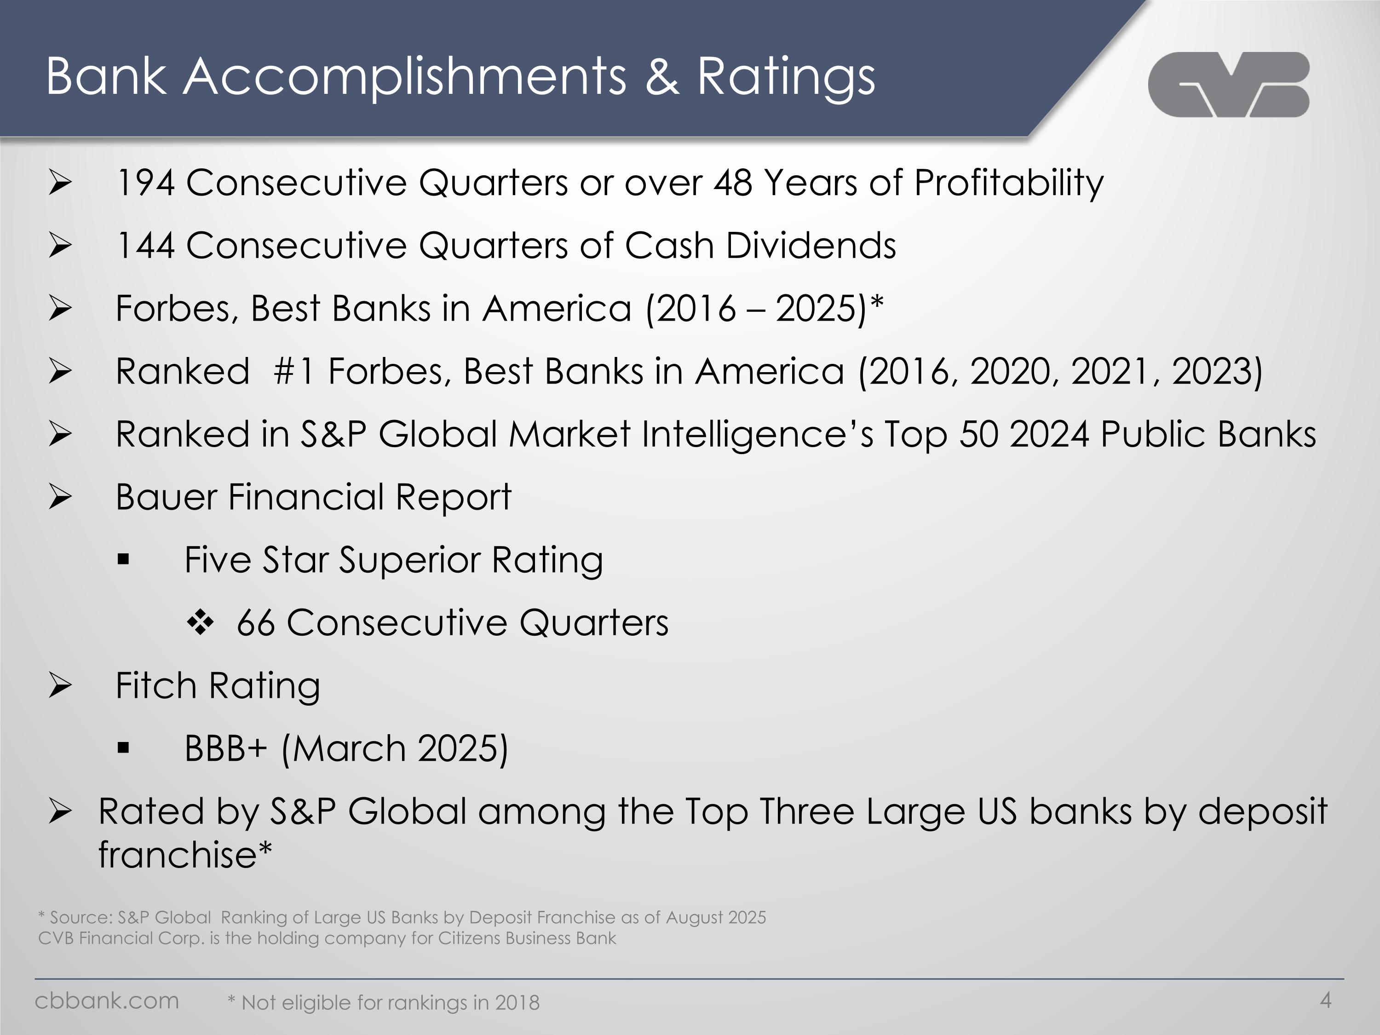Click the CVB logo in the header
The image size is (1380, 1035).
(1228, 85)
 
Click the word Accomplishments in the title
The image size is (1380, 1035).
(404, 77)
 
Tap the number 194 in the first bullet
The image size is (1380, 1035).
(145, 184)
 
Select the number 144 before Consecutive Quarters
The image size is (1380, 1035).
(145, 246)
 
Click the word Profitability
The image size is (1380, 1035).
(1008, 184)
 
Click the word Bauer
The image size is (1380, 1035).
(166, 497)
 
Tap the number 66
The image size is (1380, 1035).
(255, 623)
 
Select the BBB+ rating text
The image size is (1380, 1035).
(226, 748)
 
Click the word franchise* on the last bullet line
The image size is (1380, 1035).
(185, 855)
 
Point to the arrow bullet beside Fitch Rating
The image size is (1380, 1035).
(61, 686)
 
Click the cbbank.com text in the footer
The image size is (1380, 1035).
(107, 1000)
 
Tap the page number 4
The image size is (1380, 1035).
(1326, 1000)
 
